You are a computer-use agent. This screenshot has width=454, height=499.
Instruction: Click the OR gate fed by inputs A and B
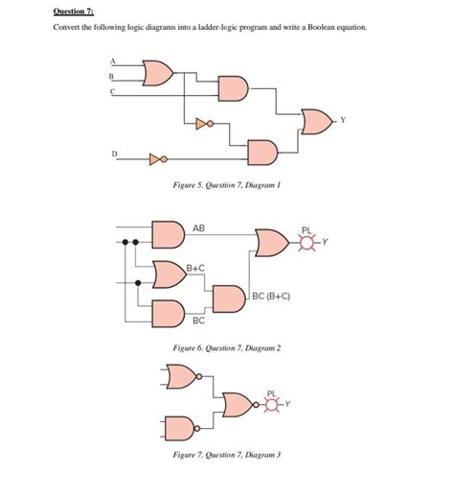tap(157, 72)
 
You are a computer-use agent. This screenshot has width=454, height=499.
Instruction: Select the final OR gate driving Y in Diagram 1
tap(315, 121)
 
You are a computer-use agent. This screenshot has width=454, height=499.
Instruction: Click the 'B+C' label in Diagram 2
tap(195, 268)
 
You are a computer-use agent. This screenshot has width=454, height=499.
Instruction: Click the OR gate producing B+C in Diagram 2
tap(169, 274)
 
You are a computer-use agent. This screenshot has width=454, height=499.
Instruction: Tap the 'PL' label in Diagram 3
tap(273, 392)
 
